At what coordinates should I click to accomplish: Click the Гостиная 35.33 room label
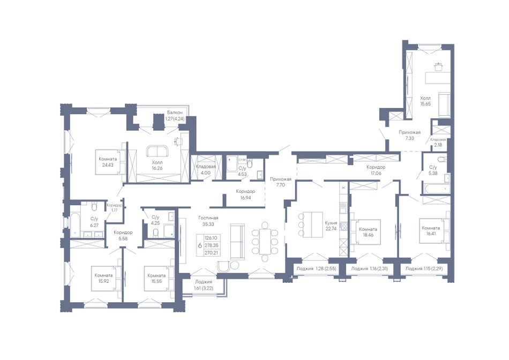point(208,221)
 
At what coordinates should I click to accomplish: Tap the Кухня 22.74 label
point(331,226)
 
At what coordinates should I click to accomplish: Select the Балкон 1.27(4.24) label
point(175,116)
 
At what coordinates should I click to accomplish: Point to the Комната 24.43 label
point(108,162)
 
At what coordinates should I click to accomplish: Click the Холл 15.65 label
point(425,101)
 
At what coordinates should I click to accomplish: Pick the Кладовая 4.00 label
point(206,170)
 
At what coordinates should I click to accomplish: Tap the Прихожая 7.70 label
point(281,182)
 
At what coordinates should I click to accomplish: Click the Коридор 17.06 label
point(376,170)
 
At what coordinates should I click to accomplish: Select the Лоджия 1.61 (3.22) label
point(203,284)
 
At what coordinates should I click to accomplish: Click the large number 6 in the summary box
point(200,245)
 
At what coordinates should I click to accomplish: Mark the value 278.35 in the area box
point(211,245)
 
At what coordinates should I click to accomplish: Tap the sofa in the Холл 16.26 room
point(157,151)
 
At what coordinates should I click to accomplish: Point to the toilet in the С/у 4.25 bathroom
point(155,232)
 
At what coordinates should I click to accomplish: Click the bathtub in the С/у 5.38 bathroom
point(436,188)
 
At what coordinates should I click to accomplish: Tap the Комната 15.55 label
point(156,278)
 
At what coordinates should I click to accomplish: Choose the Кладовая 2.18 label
point(438,142)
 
